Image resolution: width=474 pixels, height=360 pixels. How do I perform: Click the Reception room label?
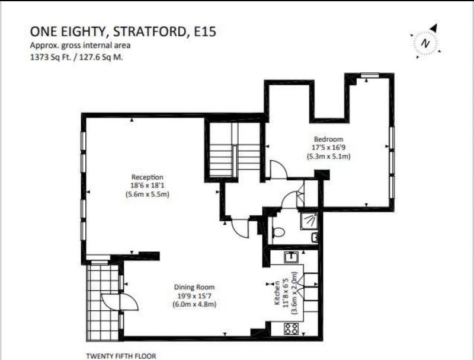pos(147,177)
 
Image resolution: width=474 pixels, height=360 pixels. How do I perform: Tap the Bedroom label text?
pos(329,139)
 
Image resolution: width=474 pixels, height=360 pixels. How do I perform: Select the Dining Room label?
pos(194,287)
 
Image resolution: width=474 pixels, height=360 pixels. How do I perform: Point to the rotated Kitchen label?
pos(277,292)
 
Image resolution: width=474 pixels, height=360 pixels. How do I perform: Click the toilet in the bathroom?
pos(278,232)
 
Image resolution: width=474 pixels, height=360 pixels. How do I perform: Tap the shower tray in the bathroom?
pos(309,221)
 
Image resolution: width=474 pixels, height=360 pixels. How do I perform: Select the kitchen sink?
pos(291,257)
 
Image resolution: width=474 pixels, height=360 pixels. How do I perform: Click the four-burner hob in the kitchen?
pos(291,329)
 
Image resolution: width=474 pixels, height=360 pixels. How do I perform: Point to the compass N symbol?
pos(425,43)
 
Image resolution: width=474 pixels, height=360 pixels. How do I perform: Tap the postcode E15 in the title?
pos(204,31)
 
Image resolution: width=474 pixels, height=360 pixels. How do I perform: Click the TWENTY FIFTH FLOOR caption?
pos(121,356)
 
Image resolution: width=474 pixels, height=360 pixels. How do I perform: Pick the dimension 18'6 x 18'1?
pos(147,186)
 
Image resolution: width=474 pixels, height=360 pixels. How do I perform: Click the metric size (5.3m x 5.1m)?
pos(329,157)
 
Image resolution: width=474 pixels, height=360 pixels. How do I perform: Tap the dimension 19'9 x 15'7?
pos(194,295)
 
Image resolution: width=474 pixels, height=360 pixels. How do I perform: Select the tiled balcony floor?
pos(103,302)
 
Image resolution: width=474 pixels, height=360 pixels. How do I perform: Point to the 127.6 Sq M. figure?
pos(101,57)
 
